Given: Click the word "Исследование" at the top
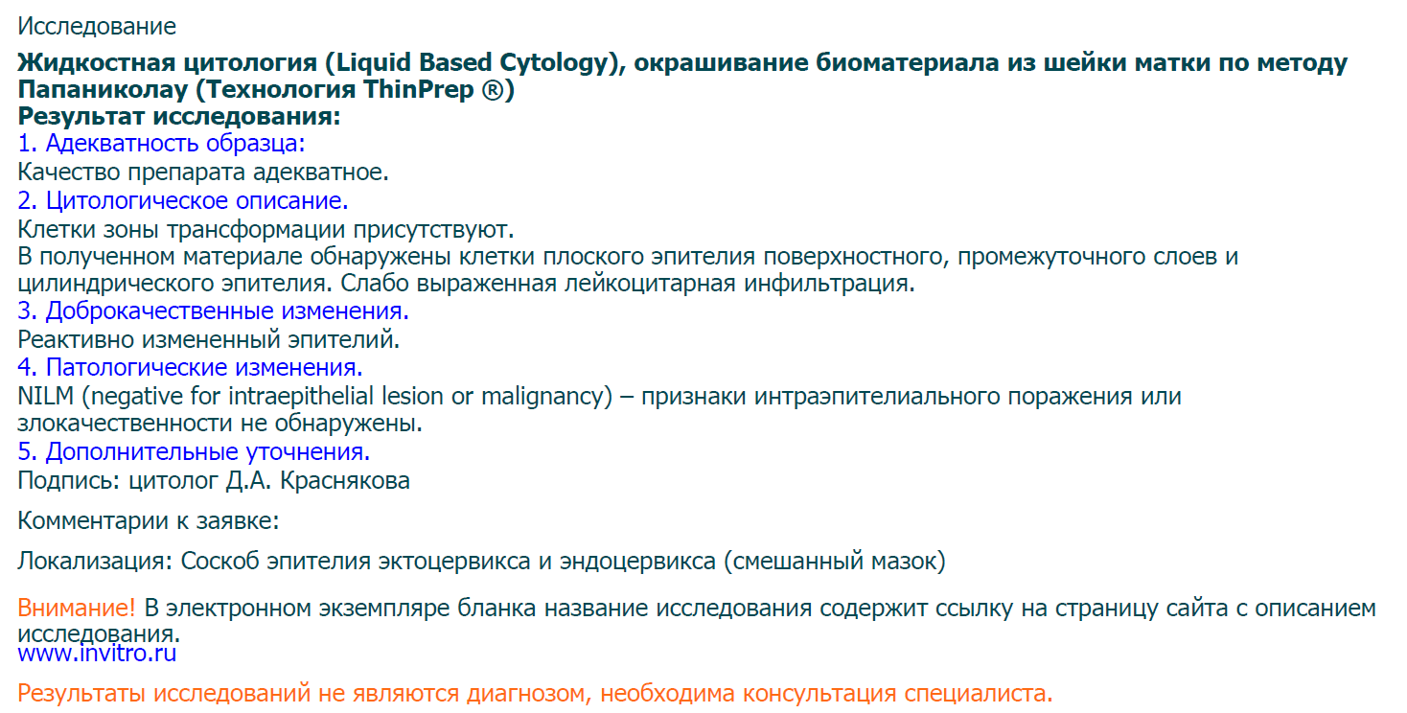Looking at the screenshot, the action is pos(97,27).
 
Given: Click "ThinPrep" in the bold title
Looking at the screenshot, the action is pos(418,89).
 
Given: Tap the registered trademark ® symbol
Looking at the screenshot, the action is pos(493,89).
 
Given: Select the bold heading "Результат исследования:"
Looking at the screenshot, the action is pos(179,116).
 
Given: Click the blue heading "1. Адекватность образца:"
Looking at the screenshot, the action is pos(161,143).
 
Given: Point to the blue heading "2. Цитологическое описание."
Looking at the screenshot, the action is pos(183,200).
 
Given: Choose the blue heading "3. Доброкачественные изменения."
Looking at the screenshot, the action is pos(213,310).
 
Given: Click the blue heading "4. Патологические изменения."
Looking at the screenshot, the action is pos(190,367).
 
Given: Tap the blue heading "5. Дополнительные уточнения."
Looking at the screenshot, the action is pos(194,451).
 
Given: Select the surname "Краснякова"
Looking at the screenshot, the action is pos(345,480).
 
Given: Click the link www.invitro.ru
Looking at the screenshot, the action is pos(97,654).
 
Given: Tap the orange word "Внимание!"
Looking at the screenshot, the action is pos(77,609).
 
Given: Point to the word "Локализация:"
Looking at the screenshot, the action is pos(95,561).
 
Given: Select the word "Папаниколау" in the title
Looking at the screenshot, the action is pos(103,89).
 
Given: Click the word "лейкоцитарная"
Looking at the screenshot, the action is pos(650,284).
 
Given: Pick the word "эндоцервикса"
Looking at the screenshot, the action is pos(637,561).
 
